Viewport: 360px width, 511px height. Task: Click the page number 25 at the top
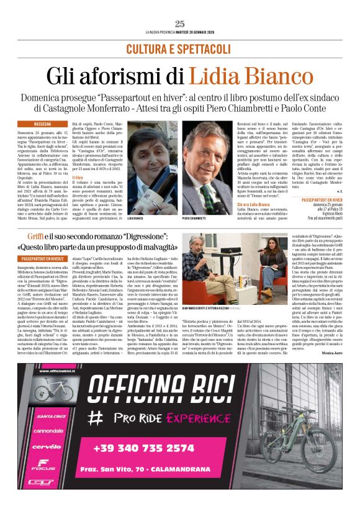point(180,24)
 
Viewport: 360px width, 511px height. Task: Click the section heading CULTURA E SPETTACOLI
point(180,48)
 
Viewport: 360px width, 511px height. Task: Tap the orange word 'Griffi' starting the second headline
point(37,238)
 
